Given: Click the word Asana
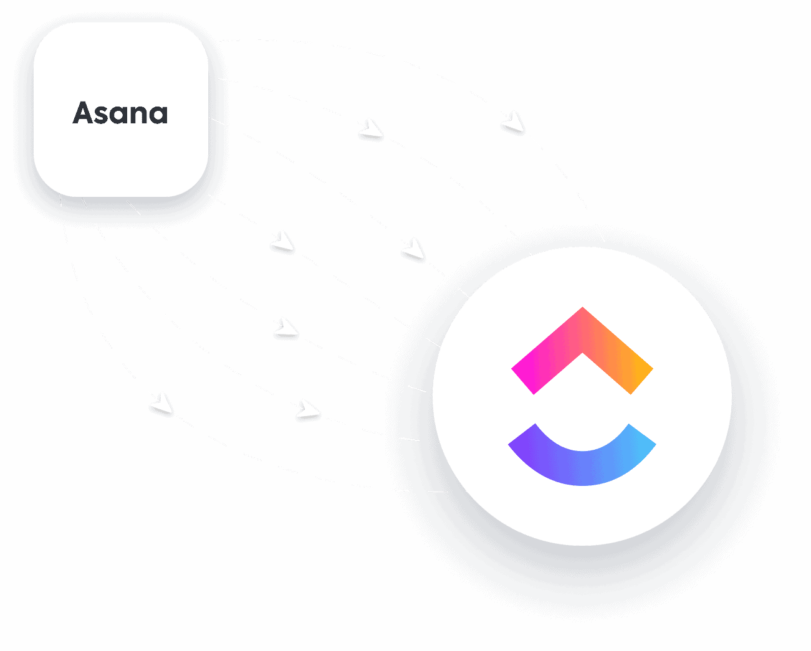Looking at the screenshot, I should tap(120, 113).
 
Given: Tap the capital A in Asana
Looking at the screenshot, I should tap(84, 113).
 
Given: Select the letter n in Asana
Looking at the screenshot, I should tap(138, 115).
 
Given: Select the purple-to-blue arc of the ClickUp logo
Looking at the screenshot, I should tap(582, 464).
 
